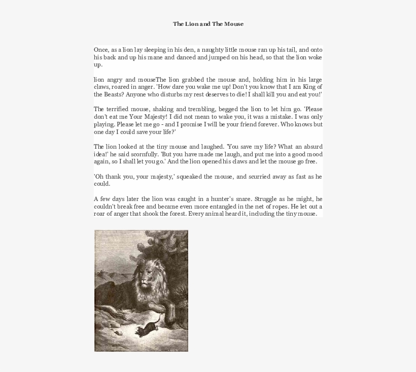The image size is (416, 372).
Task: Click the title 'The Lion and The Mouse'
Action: pyautogui.click(x=208, y=24)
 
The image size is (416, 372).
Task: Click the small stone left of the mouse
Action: pyautogui.click(x=119, y=335)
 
